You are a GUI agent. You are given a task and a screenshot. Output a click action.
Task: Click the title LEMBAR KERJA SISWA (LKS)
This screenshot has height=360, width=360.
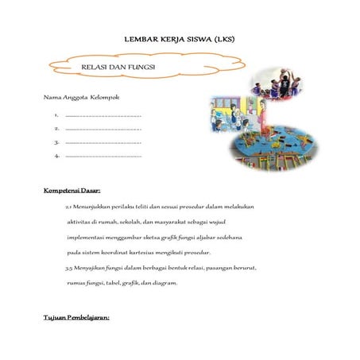pyautogui.click(x=180, y=38)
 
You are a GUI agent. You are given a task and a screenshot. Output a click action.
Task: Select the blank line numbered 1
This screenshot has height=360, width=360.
pyautogui.click(x=103, y=116)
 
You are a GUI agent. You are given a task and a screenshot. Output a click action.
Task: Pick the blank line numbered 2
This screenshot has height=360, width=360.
pyautogui.click(x=103, y=129)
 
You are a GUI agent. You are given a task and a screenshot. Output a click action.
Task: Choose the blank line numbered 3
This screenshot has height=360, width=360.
pyautogui.click(x=103, y=142)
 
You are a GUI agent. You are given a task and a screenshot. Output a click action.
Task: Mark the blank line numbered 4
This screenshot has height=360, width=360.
pyautogui.click(x=103, y=156)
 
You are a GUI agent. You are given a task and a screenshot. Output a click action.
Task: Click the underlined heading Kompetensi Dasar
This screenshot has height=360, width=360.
pyautogui.click(x=72, y=192)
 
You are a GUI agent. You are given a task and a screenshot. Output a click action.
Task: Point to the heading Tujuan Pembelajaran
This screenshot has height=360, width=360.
pyautogui.click(x=76, y=318)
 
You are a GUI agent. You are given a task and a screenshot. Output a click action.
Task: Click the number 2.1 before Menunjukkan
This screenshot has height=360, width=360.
pyautogui.click(x=68, y=207)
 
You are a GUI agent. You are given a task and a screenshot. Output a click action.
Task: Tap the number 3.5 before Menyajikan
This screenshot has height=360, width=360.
pyautogui.click(x=68, y=268)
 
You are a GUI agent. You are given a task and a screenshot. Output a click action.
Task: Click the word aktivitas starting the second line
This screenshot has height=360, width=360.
pyautogui.click(x=80, y=222)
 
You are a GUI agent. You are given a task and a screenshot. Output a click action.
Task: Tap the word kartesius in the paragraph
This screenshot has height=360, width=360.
pyautogui.click(x=168, y=253)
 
